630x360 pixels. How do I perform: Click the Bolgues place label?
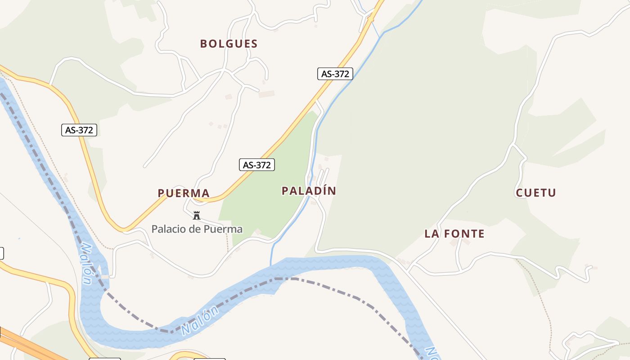pyautogui.click(x=229, y=44)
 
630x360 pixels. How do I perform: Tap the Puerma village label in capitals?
pyautogui.click(x=184, y=193)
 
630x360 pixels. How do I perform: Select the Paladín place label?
pyautogui.click(x=309, y=191)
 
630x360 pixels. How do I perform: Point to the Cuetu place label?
pyautogui.click(x=535, y=193)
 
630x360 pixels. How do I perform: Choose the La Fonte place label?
pyautogui.click(x=454, y=234)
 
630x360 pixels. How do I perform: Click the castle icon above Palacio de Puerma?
pyautogui.click(x=196, y=216)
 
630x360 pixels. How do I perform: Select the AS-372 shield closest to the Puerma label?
pyautogui.click(x=256, y=165)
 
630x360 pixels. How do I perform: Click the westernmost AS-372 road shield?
pyautogui.click(x=79, y=130)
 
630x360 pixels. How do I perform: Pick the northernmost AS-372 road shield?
pyautogui.click(x=335, y=74)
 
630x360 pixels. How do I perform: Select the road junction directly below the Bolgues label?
pyautogui.click(x=224, y=70)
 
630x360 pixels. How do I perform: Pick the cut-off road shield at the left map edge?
pyautogui.click(x=1, y=253)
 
